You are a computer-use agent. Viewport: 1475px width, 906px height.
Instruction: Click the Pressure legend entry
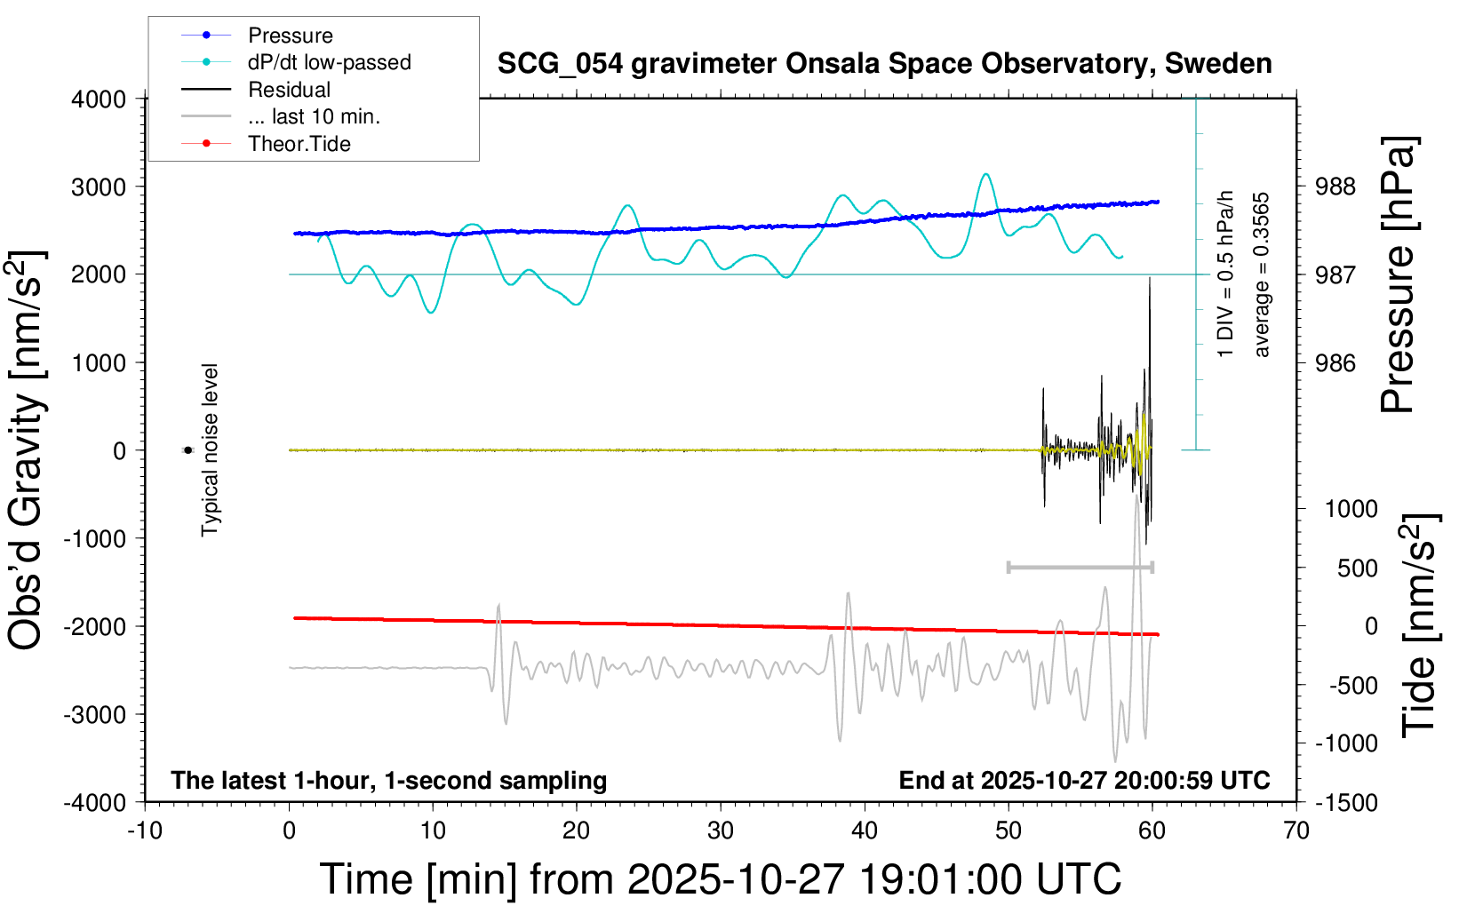290,36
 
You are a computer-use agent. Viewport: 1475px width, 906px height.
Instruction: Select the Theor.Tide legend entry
299,144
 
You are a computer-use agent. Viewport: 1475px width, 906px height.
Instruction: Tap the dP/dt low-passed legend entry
329,62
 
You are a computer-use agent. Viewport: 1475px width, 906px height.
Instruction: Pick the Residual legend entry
289,90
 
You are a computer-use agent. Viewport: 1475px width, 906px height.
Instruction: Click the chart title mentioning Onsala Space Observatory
884,64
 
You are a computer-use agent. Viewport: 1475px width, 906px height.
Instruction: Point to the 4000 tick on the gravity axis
99,99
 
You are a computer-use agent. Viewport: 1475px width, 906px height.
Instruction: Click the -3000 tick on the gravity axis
95,714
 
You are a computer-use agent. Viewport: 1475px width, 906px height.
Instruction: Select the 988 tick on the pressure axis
1335,187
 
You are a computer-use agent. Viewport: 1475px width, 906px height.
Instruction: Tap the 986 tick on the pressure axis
1335,362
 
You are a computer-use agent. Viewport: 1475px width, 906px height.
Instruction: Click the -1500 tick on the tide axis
1346,802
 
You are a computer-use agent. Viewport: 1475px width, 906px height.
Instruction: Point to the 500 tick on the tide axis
1357,568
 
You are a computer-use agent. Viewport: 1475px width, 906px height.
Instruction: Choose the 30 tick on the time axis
721,830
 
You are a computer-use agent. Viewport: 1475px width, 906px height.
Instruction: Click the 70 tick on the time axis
1296,830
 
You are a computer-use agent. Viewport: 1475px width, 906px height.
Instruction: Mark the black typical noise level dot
187,450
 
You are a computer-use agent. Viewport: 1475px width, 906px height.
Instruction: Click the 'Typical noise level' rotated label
210,450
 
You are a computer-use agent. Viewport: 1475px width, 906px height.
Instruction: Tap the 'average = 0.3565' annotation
1261,275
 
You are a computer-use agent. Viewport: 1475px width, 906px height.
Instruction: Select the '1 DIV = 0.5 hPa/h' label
1226,274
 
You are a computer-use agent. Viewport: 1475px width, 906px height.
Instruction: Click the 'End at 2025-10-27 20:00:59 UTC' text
1084,780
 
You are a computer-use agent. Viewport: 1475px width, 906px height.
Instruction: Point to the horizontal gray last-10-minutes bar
1080,567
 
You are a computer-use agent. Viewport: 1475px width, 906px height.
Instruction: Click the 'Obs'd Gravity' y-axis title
27,450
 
